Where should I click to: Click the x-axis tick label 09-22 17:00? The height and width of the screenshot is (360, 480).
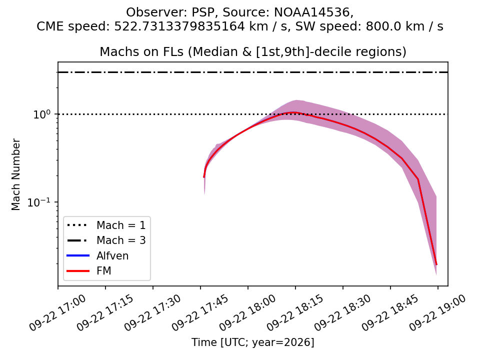[57, 312]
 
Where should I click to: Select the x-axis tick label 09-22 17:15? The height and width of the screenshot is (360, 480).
[105, 312]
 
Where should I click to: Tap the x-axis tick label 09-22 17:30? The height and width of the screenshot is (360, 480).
[152, 312]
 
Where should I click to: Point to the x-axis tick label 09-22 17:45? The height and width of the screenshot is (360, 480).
[200, 312]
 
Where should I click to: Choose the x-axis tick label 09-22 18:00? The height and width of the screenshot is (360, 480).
[247, 312]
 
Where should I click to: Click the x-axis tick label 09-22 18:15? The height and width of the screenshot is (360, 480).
[295, 312]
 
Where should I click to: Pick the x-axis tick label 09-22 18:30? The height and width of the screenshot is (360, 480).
[342, 312]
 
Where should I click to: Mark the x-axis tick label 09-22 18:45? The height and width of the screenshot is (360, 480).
[389, 312]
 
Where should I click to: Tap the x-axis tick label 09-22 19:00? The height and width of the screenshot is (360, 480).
[437, 312]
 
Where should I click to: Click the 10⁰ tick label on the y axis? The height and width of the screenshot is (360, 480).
[41, 114]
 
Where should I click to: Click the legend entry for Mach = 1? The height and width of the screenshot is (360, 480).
[106, 225]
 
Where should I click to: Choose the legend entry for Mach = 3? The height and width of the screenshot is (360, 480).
[106, 240]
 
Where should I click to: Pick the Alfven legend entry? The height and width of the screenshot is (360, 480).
[97, 255]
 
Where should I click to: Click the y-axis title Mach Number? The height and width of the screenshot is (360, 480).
[15, 174]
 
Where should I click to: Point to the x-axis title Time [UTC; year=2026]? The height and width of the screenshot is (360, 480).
[253, 342]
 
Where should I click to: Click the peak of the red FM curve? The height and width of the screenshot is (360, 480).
[293, 112]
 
